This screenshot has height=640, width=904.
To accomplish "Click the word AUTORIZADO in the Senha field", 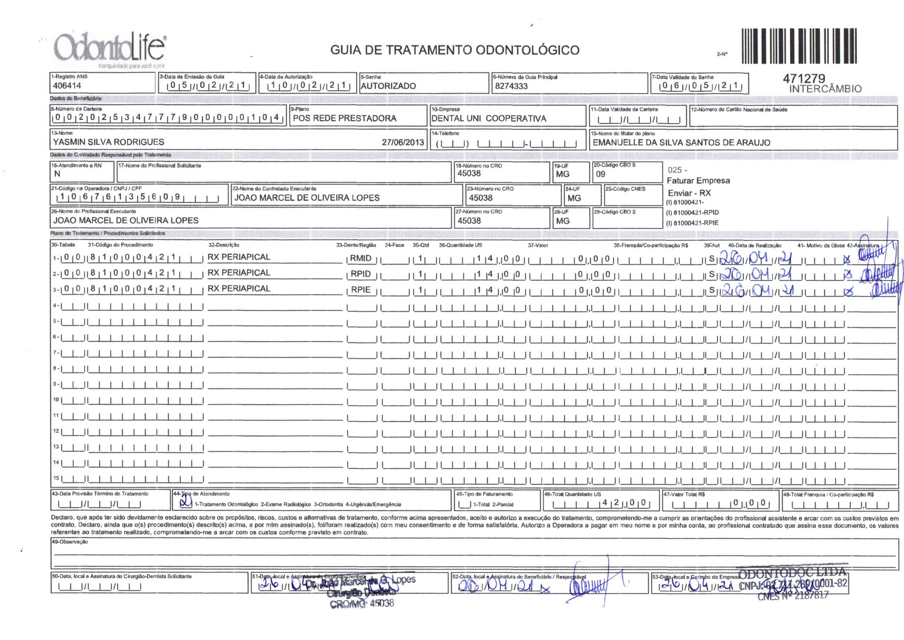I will point(388,86).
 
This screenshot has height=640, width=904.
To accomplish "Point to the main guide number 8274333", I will point(511,86).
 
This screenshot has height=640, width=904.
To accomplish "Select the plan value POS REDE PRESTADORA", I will point(344,118).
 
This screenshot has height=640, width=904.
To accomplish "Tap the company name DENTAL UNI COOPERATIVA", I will point(489,119).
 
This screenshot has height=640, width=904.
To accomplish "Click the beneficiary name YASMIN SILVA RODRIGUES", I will point(109,142).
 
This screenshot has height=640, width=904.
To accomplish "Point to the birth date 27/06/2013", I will point(403,142).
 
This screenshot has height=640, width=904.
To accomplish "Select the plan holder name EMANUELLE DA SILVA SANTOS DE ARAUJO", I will point(681,143).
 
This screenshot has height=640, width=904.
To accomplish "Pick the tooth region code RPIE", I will point(361,290).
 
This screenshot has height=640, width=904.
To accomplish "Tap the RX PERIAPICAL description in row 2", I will point(239,273).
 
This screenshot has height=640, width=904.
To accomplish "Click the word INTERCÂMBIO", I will point(825,89).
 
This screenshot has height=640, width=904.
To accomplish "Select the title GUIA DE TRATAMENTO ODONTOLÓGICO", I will point(454,50).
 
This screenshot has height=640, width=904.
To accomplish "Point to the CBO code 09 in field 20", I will point(600,174).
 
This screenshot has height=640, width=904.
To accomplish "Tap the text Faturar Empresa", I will point(698,181).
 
